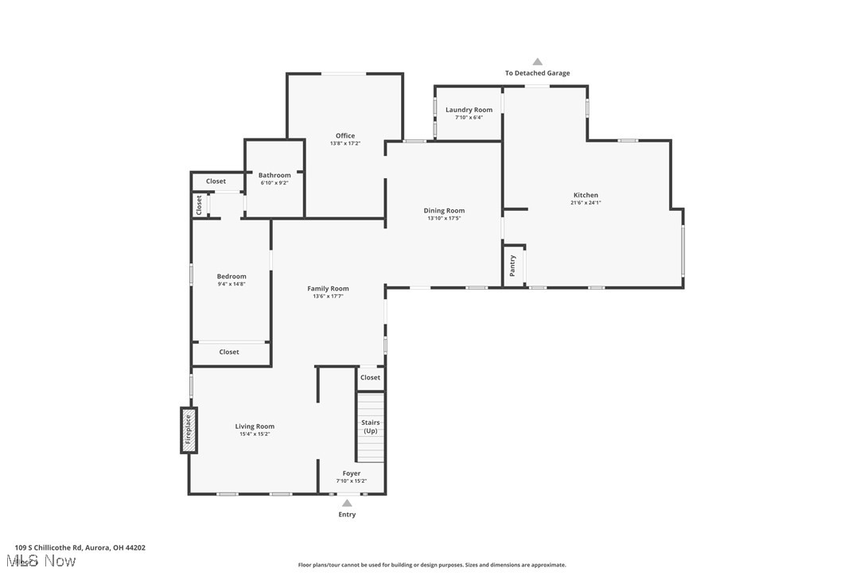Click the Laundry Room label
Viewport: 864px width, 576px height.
(469, 110)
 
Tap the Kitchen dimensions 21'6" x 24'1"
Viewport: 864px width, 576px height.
(586, 203)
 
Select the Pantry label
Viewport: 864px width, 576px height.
(512, 265)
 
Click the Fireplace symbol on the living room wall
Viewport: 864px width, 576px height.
(189, 430)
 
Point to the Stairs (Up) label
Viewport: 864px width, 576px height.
(371, 426)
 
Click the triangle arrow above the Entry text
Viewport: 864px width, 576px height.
(347, 503)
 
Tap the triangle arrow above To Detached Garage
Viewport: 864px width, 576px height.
(537, 61)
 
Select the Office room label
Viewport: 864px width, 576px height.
(345, 136)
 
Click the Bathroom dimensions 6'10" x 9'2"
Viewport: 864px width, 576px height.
(274, 183)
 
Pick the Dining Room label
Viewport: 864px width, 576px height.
(444, 210)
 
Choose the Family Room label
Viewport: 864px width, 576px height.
(328, 289)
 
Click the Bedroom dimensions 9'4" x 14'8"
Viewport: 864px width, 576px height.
(232, 284)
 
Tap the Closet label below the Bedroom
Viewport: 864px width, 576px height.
(229, 352)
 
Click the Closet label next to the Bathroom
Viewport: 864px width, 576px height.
(216, 181)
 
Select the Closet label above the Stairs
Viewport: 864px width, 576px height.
(370, 377)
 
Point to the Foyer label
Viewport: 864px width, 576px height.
(352, 473)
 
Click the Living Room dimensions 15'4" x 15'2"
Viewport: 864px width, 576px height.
(255, 434)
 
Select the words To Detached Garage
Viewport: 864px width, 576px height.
(537, 73)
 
